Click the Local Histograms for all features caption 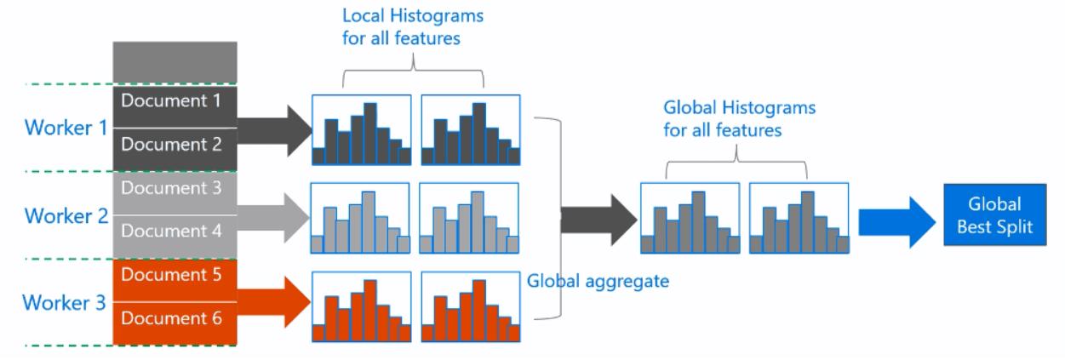pyautogui.click(x=413, y=27)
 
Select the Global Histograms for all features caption pyautogui.click(x=738, y=120)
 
